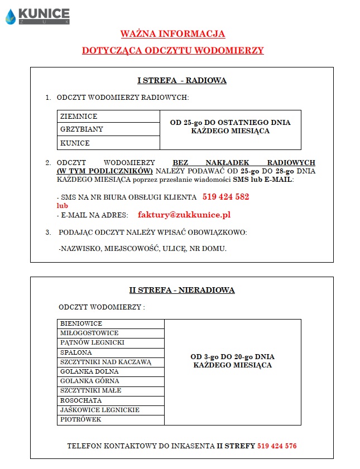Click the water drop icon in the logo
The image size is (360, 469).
[x=11, y=17]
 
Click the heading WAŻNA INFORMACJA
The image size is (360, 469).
[x=173, y=33]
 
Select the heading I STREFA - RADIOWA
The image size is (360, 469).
[x=182, y=80]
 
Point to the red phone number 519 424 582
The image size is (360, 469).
[x=225, y=197]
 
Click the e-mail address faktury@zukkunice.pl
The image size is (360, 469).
[x=184, y=215]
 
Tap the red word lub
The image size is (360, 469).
[x=63, y=205]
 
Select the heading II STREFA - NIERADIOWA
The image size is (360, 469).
[x=182, y=290]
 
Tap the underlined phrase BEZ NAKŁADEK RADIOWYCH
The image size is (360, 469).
[x=244, y=162]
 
